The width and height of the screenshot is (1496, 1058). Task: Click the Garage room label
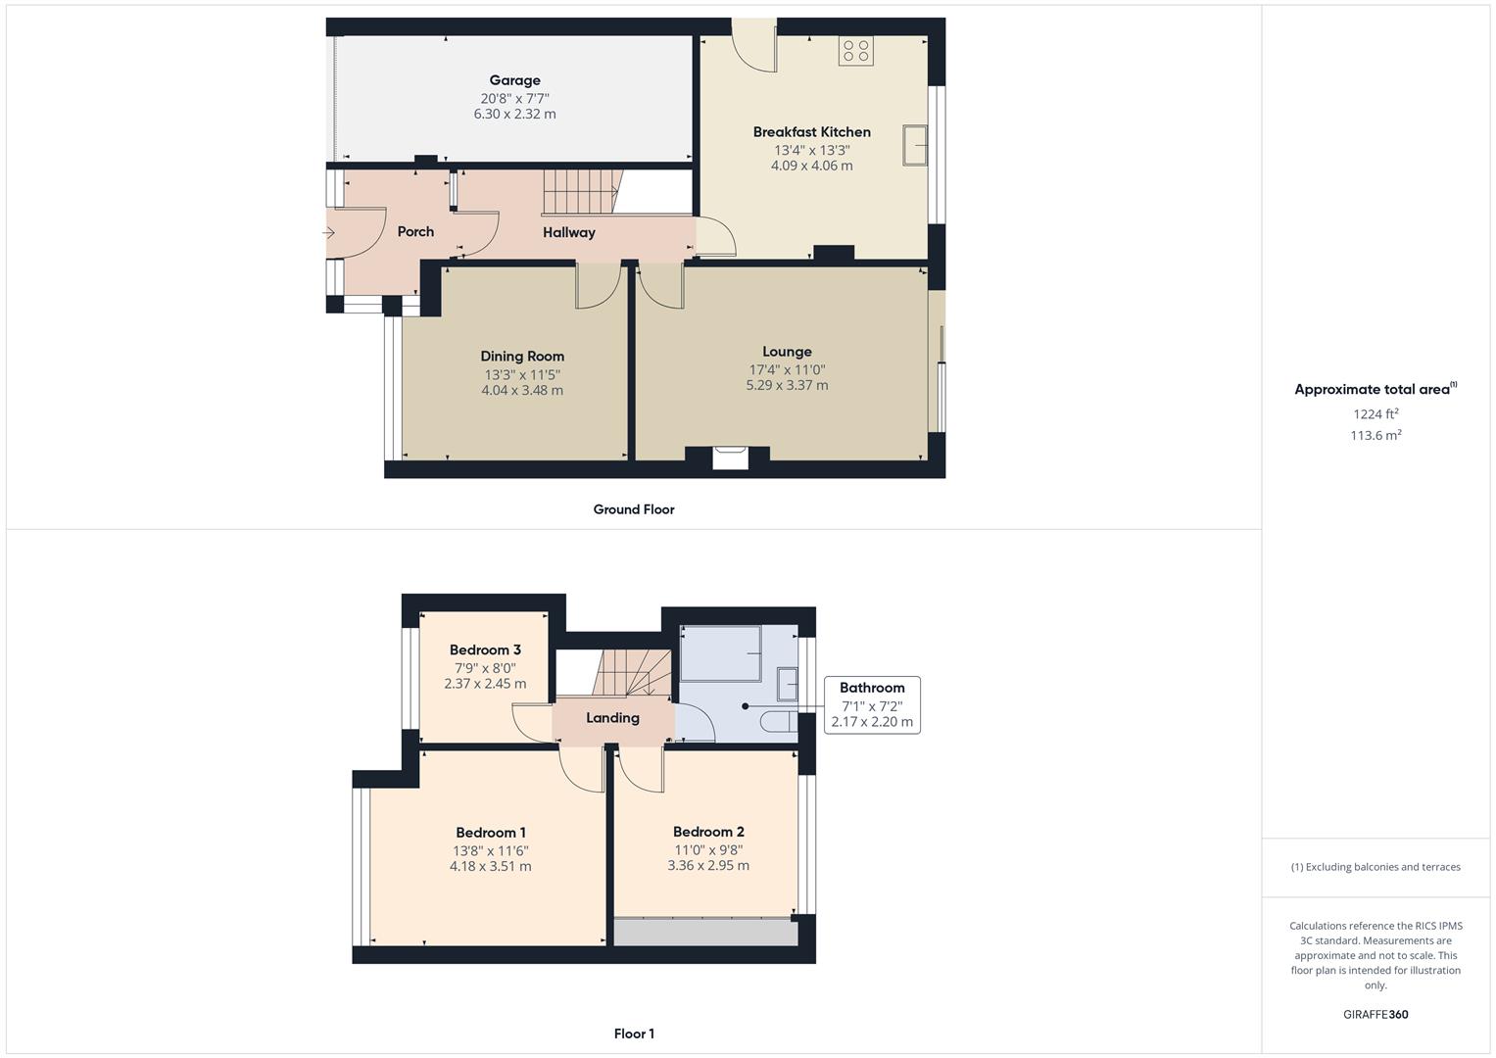tap(514, 80)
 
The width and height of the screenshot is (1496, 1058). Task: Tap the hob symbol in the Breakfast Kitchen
tap(855, 51)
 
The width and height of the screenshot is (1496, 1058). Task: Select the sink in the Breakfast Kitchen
tap(915, 146)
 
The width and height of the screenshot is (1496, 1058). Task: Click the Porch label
tap(415, 232)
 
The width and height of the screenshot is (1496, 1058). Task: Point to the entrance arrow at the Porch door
tap(328, 233)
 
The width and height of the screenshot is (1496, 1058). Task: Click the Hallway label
tap(569, 233)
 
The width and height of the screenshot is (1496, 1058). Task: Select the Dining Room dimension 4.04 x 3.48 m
tap(522, 390)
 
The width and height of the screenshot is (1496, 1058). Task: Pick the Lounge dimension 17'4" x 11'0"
tap(787, 370)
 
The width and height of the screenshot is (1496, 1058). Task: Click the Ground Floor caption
tap(634, 509)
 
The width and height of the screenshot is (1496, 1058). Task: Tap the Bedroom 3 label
tap(485, 649)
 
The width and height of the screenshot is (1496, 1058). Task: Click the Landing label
tap(612, 718)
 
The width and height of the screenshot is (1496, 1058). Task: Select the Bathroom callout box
tap(872, 705)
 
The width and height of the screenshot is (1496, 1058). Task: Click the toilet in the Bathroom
tap(779, 722)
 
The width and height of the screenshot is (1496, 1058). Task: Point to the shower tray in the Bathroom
tap(721, 652)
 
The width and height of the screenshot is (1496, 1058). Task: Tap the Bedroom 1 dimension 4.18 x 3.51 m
tap(490, 866)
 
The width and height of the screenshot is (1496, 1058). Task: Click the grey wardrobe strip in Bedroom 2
tap(705, 932)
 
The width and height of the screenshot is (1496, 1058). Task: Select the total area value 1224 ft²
tap(1375, 414)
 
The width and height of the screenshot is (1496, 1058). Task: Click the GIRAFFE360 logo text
tap(1375, 1015)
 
